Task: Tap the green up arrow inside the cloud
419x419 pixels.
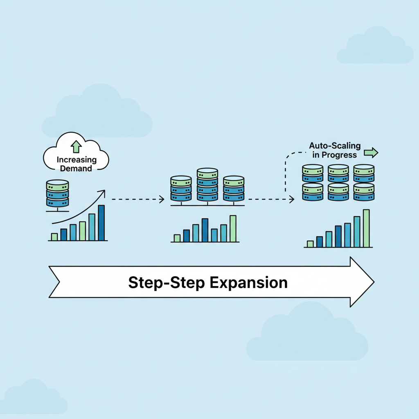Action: click(76, 147)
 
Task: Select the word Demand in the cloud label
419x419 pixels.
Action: click(76, 168)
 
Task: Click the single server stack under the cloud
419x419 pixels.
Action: click(58, 193)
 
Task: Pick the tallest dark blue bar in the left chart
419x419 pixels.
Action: click(101, 223)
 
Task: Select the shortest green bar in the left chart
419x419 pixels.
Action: click(54, 237)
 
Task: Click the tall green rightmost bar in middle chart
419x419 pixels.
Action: click(233, 228)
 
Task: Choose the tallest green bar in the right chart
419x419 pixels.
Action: click(366, 228)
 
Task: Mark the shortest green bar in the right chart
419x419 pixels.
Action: click(310, 244)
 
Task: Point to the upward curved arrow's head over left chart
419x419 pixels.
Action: click(103, 192)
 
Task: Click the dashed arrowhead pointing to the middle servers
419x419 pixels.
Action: click(162, 199)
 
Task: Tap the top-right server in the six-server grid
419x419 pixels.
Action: click(364, 173)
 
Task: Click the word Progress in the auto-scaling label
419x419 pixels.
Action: click(339, 155)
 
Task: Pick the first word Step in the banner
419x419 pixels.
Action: click(142, 283)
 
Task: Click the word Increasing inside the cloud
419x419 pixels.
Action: click(77, 160)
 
